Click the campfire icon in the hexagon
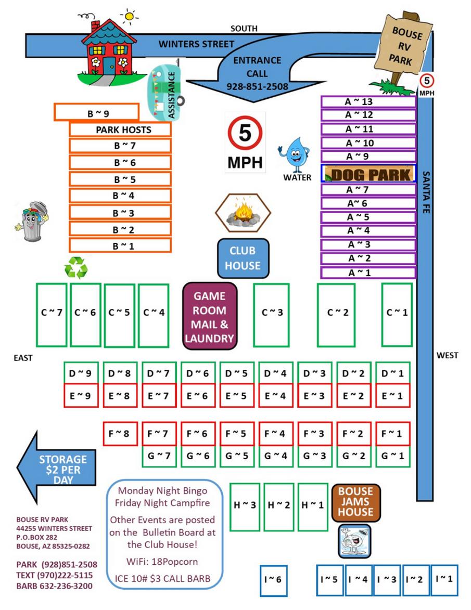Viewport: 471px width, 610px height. tap(243, 212)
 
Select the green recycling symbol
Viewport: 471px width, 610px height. tap(76, 268)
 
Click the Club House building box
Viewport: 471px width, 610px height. tap(243, 258)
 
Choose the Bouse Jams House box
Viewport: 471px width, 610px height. tap(356, 502)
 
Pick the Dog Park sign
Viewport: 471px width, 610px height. tap(369, 174)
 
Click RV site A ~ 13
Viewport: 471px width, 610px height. tap(368, 101)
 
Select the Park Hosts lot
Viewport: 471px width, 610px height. tap(120, 129)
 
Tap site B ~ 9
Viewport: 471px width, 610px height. tap(97, 112)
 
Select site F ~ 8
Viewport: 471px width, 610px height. tap(120, 433)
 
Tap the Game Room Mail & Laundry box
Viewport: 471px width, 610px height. tap(210, 317)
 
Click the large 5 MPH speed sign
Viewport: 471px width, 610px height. tap(245, 142)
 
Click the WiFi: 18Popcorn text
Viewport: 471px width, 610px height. tap(162, 562)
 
